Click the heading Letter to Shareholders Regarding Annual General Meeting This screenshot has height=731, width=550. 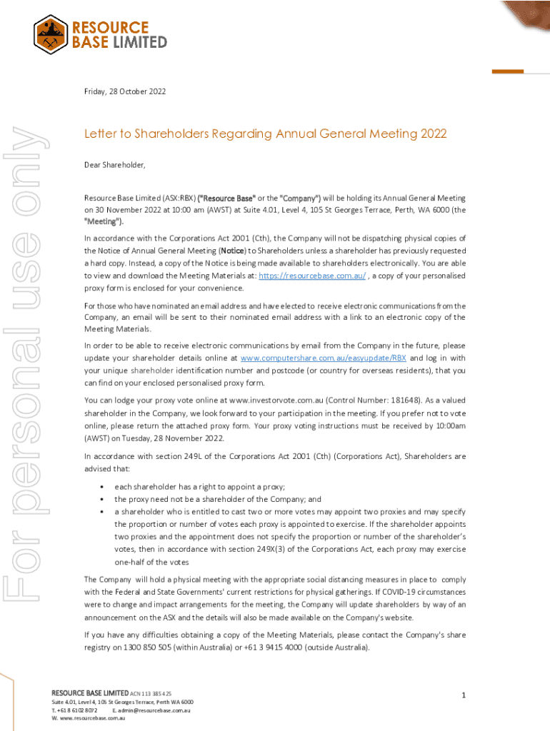pyautogui.click(x=265, y=133)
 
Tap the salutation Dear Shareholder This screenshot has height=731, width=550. pyautogui.click(x=114, y=165)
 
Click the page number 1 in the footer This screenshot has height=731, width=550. pyautogui.click(x=464, y=695)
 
